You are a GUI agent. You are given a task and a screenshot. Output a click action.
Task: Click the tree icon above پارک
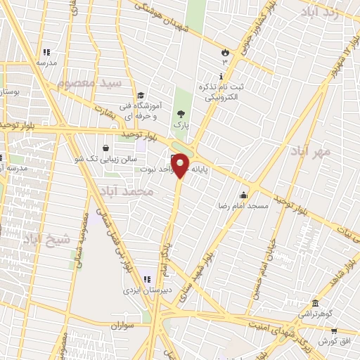181,114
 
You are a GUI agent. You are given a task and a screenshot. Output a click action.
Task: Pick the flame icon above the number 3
225,51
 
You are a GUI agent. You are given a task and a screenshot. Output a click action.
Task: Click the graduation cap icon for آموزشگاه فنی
141,96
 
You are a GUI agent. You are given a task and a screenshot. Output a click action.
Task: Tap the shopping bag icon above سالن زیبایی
105,148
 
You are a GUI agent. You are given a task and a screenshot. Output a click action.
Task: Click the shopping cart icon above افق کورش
333,330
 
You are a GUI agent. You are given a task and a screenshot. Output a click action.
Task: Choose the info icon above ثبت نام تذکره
222,76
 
